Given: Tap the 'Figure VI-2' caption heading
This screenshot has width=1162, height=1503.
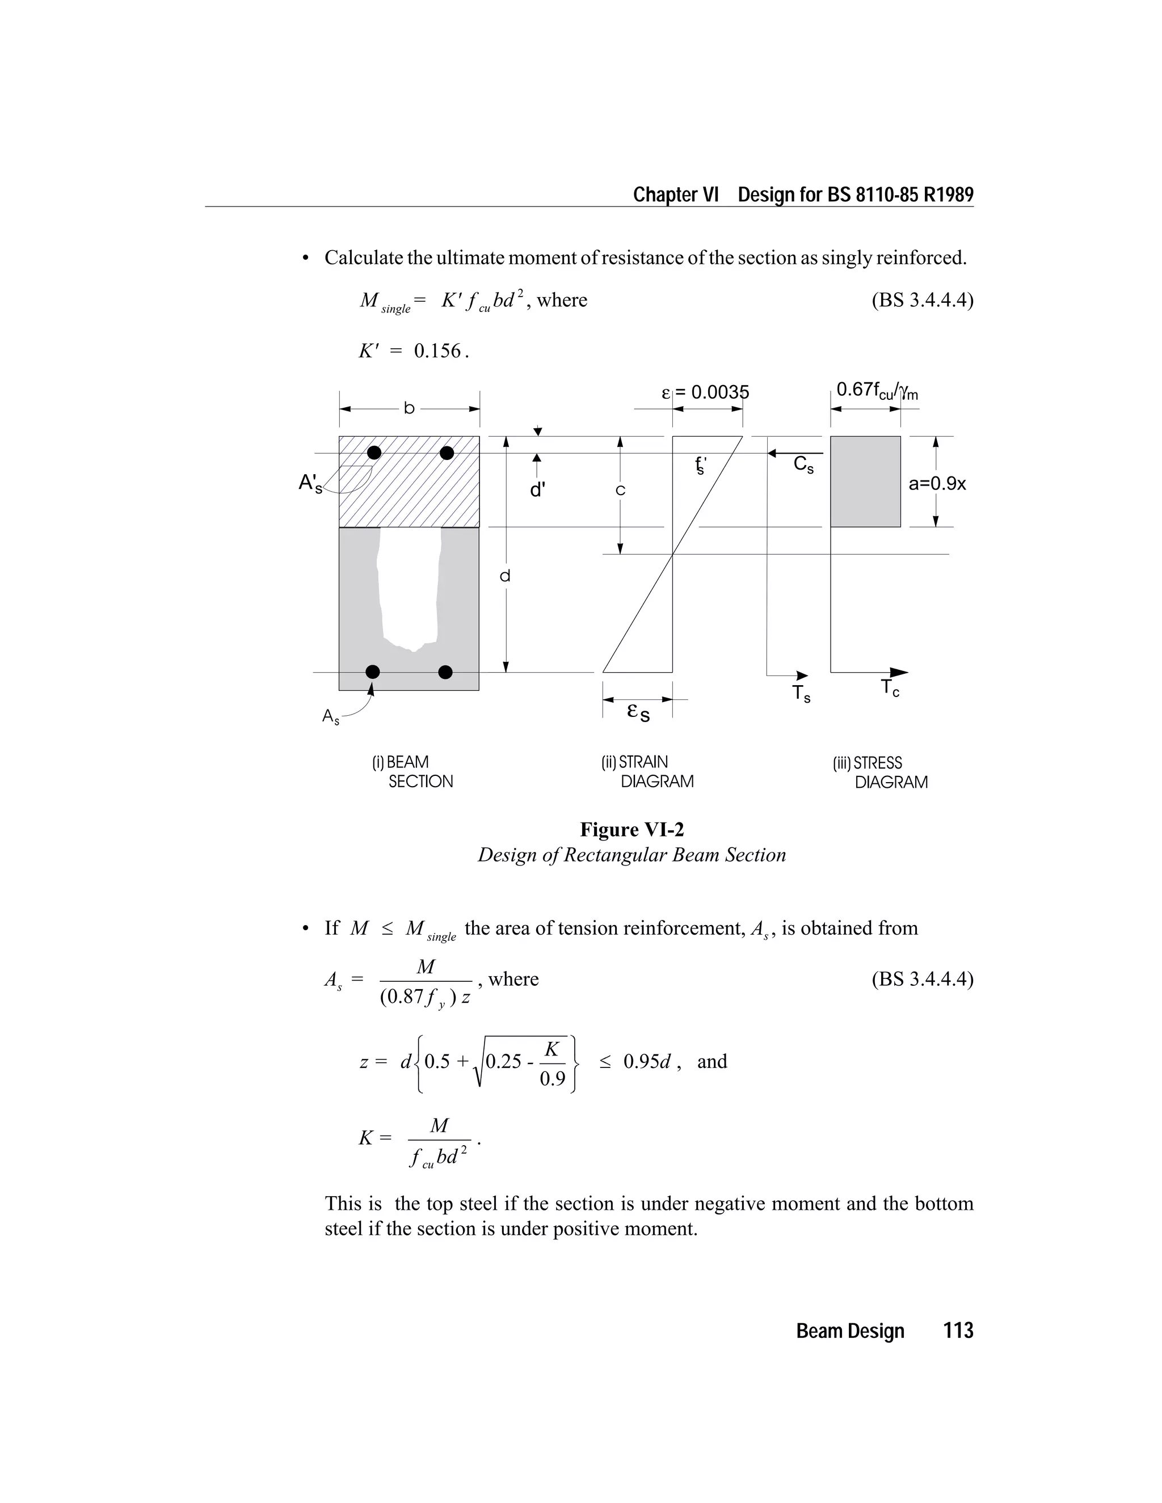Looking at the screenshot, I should coord(631,829).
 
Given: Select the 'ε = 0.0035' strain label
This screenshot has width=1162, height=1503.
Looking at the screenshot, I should coord(705,393).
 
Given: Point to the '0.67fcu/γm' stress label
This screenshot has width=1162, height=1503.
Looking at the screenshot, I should coord(876,391).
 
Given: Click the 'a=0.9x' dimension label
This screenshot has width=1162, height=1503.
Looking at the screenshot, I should coord(937,484).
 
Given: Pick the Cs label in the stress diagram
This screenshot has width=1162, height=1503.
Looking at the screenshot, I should coord(803,465).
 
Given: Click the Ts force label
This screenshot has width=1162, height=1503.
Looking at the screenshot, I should coord(801,694).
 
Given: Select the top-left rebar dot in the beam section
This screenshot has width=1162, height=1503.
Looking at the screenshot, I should coord(374,453).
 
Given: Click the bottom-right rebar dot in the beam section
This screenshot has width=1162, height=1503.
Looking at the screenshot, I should coord(445,672).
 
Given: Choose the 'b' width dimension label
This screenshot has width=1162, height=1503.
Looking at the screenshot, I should coord(409,409).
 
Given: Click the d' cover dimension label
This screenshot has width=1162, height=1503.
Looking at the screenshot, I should coord(538,490).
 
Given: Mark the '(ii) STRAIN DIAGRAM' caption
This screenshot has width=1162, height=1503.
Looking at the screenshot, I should coord(647,771).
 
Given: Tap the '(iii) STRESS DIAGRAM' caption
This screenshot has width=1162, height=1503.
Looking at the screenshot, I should coord(880,772).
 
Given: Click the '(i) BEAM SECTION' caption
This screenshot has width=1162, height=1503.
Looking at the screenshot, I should coord(412,771).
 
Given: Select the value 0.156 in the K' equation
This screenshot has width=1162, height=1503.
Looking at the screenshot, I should coord(438,352).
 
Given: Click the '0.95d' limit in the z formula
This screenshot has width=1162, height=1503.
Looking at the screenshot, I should coord(646,1061).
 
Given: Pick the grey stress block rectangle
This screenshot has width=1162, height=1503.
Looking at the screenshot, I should coord(865,482).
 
